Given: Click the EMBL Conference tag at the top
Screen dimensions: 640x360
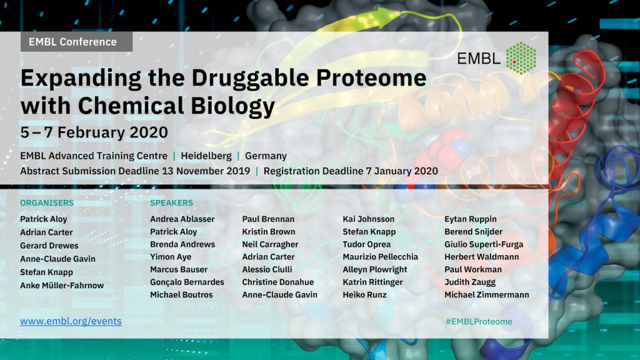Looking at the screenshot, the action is click(x=76, y=42).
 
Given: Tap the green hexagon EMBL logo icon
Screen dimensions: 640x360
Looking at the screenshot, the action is click(x=521, y=58).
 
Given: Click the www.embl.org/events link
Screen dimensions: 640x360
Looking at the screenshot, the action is click(x=71, y=321).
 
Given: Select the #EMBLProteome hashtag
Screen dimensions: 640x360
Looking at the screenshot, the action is click(x=479, y=322).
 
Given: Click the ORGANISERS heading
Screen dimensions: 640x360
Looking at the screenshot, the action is click(x=47, y=203).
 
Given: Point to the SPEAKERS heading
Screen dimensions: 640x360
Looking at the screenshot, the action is click(x=171, y=203).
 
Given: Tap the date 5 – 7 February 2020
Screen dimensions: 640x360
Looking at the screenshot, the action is click(x=94, y=132).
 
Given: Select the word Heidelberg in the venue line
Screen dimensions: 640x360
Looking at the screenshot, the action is click(x=206, y=156).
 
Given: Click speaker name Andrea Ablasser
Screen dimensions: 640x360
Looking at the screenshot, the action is click(x=182, y=219).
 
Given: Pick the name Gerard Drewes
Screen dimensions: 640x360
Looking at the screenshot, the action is click(x=49, y=246).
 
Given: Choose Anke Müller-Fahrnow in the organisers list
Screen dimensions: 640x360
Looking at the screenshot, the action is click(x=62, y=285).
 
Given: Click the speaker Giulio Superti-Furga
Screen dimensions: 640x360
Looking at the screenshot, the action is click(x=484, y=244).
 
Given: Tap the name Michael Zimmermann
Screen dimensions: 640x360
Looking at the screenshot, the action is click(x=486, y=295).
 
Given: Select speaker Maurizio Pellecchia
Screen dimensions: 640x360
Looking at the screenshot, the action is click(x=381, y=257).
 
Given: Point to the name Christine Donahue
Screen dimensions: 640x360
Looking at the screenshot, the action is click(x=278, y=282).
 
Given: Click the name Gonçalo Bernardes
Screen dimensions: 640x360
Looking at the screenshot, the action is click(x=187, y=282).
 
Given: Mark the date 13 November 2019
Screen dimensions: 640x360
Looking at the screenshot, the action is click(x=206, y=171).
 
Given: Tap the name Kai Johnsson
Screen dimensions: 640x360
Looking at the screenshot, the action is click(x=369, y=219).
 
